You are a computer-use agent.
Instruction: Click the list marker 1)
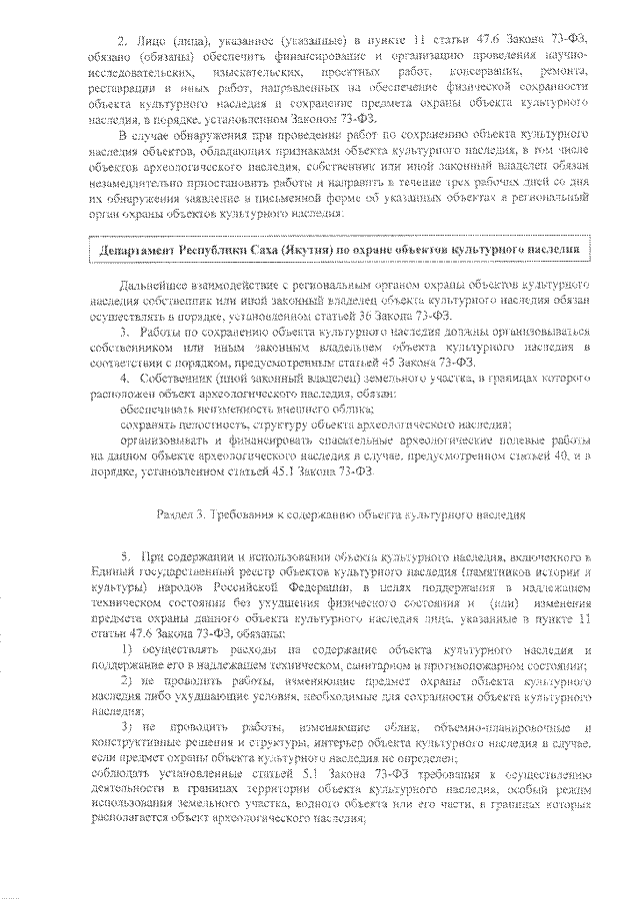[126, 650]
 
